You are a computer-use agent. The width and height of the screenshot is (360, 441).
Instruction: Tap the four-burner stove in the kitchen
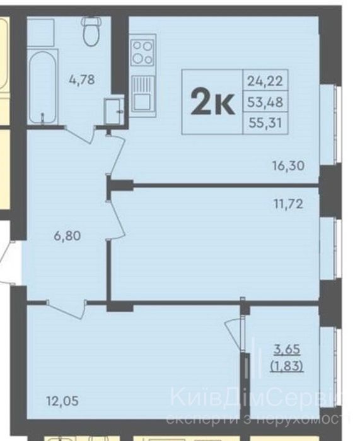[x=142, y=52]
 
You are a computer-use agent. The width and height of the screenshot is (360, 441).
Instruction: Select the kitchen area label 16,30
[x=287, y=166]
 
